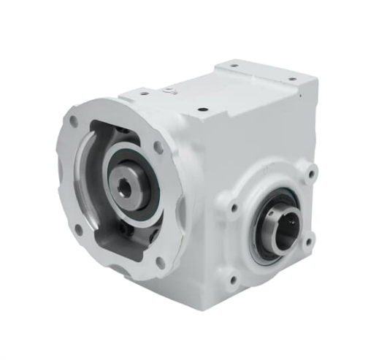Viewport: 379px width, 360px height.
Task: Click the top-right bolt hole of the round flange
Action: point(158,147)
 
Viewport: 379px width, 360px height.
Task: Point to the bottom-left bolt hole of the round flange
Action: point(78,228)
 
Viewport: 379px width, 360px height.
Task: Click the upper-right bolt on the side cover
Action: point(312,175)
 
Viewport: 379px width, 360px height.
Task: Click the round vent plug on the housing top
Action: point(169,91)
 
